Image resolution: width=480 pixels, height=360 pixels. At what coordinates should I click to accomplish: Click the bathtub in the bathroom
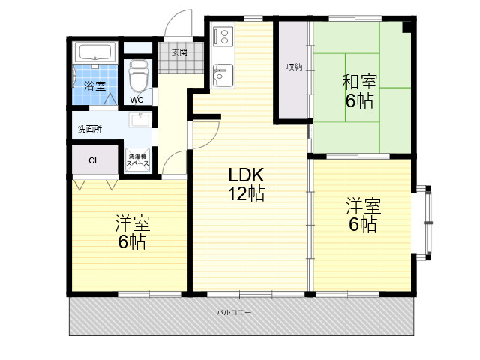[x=94, y=52]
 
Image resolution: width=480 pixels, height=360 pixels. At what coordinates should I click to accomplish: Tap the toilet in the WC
[x=138, y=75]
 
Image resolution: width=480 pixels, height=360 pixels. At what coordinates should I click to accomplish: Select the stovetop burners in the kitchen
[x=223, y=37]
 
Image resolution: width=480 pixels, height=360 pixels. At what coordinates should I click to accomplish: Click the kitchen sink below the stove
[x=223, y=76]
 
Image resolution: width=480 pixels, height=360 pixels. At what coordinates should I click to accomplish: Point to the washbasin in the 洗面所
[x=139, y=120]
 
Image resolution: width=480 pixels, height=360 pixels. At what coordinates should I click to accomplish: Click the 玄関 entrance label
[x=179, y=52]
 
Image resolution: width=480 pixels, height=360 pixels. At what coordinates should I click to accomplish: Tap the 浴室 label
[x=95, y=85]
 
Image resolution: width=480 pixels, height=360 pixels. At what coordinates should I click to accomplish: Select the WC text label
[x=136, y=100]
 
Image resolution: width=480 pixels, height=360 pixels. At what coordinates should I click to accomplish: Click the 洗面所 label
[x=90, y=129]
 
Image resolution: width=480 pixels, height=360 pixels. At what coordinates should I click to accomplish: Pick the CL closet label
[x=94, y=160]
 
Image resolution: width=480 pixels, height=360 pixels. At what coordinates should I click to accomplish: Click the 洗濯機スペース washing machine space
[x=138, y=160]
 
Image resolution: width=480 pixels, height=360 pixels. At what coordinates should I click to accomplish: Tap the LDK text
[x=246, y=175]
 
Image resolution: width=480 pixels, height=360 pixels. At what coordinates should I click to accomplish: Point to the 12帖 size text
[x=246, y=193]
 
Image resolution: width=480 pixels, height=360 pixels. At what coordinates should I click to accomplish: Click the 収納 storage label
[x=295, y=67]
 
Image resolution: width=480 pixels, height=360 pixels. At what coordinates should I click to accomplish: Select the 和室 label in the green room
[x=360, y=82]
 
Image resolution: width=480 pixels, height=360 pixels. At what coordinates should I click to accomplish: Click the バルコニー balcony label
[x=234, y=313]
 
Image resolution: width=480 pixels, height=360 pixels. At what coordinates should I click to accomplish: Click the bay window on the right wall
[x=425, y=223]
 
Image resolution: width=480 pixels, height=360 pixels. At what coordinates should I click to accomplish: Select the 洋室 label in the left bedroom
[x=132, y=223]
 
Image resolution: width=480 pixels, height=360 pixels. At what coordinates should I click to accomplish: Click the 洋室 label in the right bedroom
[x=363, y=206]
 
